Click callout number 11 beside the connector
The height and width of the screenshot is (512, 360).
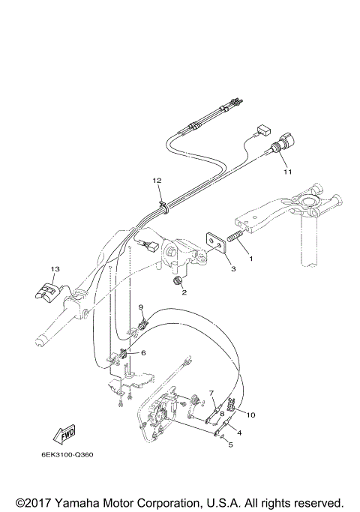tap(286, 172)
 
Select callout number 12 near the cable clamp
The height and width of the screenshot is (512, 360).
tap(157, 181)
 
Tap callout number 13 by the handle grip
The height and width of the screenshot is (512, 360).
tap(55, 269)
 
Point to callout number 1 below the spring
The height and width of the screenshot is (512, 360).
tap(250, 259)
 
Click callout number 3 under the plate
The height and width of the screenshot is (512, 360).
tap(233, 268)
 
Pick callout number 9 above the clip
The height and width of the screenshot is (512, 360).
tap(139, 307)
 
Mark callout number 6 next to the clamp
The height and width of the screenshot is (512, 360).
tap(144, 352)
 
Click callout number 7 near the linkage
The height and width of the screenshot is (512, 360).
tap(211, 393)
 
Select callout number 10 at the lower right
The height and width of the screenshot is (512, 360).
tap(251, 415)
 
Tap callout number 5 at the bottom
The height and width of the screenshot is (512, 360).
tap(230, 445)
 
